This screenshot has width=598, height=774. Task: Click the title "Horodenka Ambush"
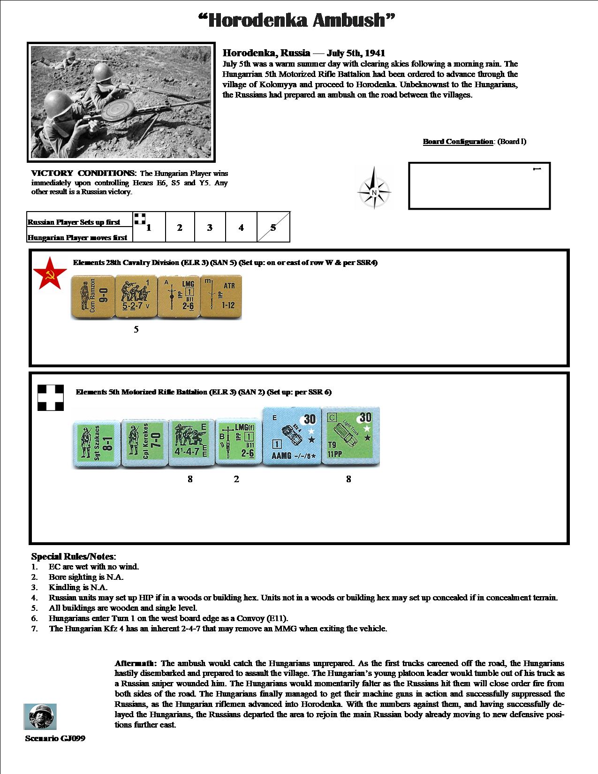(297, 21)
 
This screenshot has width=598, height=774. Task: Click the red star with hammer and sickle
(47, 273)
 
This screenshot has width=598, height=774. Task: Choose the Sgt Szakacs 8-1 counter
(96, 443)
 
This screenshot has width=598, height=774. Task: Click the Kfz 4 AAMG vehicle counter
(292, 436)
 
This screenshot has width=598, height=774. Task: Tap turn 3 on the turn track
(210, 228)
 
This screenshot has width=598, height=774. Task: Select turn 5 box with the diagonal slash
(273, 228)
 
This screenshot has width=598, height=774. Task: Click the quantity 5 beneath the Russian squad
(136, 329)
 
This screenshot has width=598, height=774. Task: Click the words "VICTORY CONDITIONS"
(83, 173)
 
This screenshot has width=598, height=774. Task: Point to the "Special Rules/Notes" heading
(73, 557)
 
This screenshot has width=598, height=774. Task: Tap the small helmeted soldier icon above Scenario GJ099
(40, 716)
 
